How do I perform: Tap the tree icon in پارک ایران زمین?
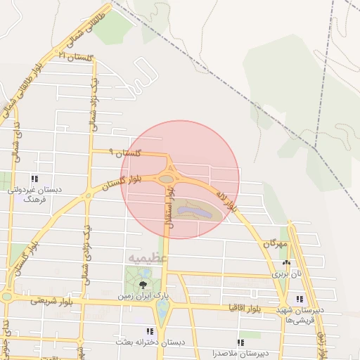click(x=143, y=284)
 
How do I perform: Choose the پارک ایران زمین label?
click(x=143, y=297)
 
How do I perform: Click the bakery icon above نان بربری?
click(x=286, y=263)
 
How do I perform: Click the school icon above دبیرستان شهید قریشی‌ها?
click(x=300, y=299)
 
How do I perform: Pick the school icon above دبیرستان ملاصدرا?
click(x=240, y=342)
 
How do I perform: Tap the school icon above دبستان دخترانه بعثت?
click(x=149, y=331)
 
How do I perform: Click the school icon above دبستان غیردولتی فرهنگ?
click(x=34, y=179)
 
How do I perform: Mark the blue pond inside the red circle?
click(x=191, y=210)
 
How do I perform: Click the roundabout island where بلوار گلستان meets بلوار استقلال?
click(x=166, y=179)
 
